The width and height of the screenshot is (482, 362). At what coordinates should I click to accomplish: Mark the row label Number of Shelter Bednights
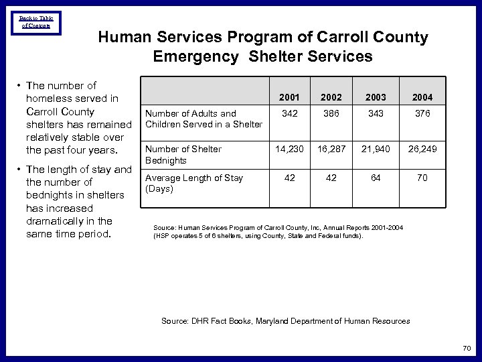click(x=183, y=154)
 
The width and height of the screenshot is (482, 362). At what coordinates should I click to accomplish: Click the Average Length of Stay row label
click(x=194, y=183)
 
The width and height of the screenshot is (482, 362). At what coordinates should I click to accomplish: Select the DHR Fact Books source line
click(x=285, y=321)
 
